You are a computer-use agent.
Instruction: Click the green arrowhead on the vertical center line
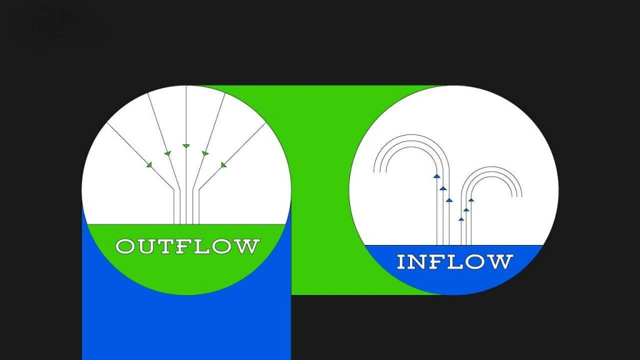coord(186,146)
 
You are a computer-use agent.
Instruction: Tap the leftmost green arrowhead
coord(149,165)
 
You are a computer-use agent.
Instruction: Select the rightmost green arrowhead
coord(223,165)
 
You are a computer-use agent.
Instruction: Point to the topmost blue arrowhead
coord(437,177)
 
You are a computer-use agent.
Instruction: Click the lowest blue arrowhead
coord(461,219)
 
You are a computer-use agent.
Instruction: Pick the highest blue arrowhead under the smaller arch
coord(471,200)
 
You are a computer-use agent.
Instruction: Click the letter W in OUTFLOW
coord(247,246)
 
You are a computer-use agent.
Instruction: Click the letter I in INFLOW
coord(402,261)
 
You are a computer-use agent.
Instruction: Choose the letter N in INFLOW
coord(420,261)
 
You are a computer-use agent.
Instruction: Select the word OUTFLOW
coord(187,246)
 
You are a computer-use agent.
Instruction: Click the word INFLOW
coord(454,261)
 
